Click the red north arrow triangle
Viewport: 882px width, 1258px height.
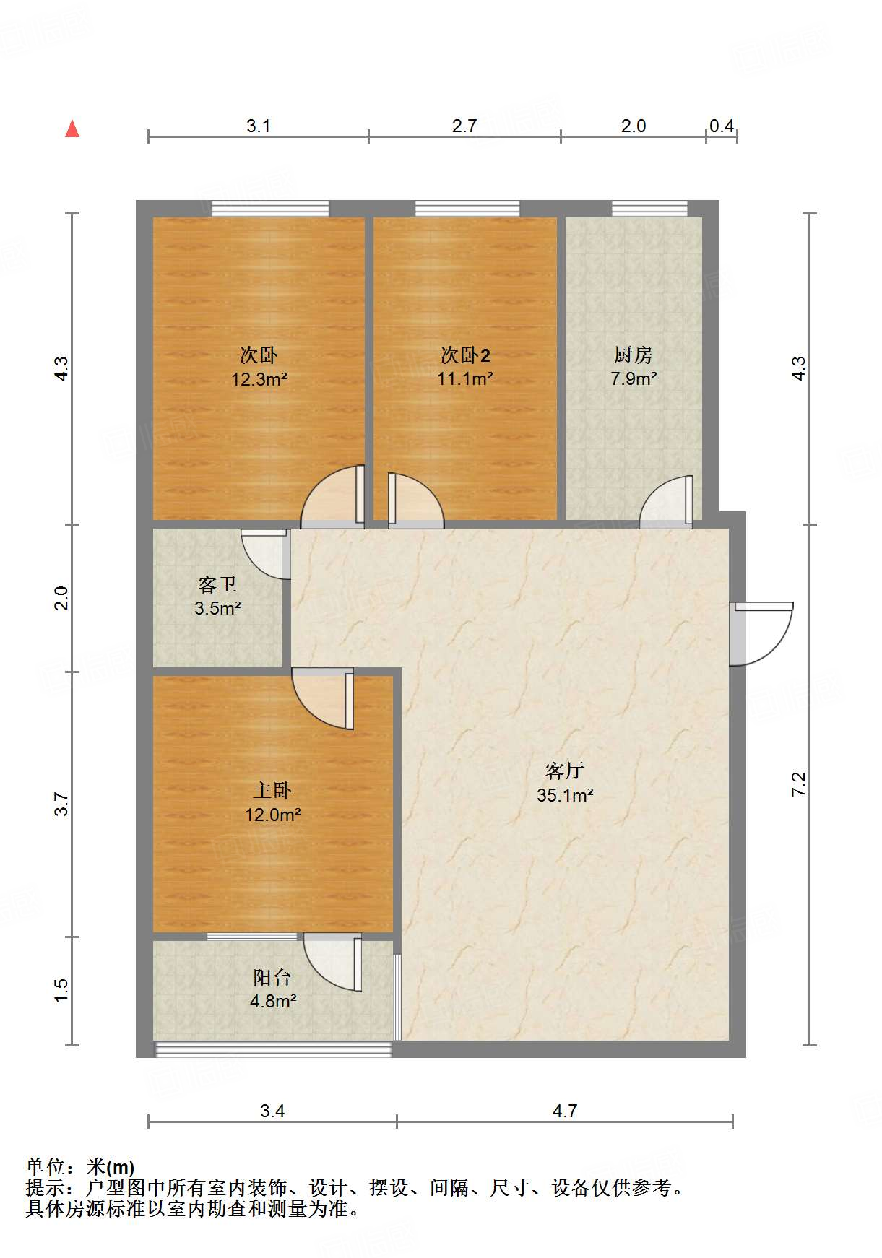72,129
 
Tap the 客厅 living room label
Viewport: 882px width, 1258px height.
564,771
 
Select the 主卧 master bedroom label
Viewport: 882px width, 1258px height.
272,791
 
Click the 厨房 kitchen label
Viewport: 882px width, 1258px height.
633,355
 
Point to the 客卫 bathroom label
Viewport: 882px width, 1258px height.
217,584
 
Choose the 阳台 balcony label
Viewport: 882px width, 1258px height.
272,978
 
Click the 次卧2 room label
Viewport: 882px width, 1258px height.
465,355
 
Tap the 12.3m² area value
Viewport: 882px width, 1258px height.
259,379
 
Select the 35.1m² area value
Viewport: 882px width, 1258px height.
565,795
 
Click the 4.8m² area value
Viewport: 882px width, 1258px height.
273,1002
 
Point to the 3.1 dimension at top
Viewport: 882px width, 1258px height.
258,126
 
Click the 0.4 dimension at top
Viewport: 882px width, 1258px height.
721,126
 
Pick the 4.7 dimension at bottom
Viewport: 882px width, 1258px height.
565,1111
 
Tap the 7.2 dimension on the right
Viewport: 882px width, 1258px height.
798,784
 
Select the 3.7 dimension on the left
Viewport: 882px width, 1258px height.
61,804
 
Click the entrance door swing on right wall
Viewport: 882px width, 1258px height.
762,633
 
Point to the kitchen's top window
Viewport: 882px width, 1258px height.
649,209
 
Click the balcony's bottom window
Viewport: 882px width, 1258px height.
273,1049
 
